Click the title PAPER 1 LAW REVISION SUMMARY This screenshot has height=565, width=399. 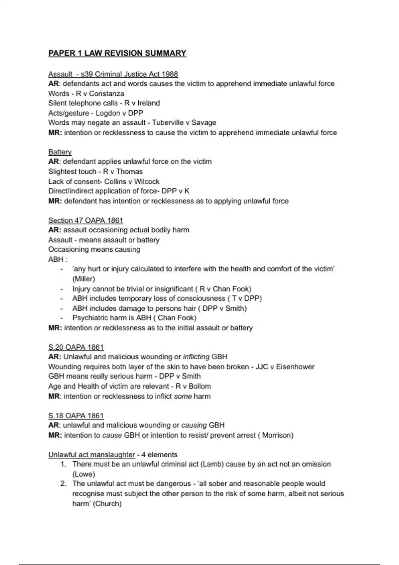117,53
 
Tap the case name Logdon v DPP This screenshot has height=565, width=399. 119,113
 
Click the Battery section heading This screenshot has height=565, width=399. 60,152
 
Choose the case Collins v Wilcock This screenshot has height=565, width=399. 132,181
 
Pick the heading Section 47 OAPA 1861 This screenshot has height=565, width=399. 85,220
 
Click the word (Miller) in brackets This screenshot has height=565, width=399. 83,279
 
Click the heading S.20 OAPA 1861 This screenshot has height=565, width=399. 76,347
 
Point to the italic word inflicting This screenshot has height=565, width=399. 196,357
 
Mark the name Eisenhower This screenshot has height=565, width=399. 295,367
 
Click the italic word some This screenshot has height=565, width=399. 183,396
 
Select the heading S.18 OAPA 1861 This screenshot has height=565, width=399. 76,416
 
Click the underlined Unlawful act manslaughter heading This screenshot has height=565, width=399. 91,455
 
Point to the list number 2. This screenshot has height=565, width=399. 63,484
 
